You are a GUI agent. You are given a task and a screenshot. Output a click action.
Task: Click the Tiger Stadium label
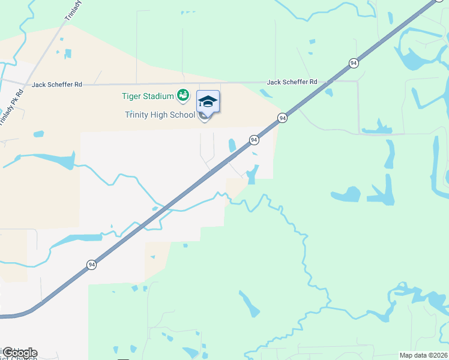click(148, 96)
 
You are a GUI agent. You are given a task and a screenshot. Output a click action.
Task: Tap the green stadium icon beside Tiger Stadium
click(182, 95)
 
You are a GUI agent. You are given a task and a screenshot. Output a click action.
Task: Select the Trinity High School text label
click(160, 115)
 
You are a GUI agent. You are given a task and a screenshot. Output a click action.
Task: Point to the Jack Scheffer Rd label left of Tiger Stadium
click(57, 85)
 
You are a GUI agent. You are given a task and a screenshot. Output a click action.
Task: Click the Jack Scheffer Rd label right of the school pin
click(292, 82)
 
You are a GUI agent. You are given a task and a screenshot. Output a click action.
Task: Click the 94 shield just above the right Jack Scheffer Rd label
click(354, 63)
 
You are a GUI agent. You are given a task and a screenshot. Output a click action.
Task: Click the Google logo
click(20, 352)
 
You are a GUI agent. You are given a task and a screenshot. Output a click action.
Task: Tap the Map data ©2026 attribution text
click(423, 355)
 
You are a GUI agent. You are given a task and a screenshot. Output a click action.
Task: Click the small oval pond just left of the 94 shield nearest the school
click(232, 145)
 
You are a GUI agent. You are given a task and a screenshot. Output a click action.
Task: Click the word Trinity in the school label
click(136, 115)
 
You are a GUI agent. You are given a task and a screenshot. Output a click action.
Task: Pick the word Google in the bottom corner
click(20, 352)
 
